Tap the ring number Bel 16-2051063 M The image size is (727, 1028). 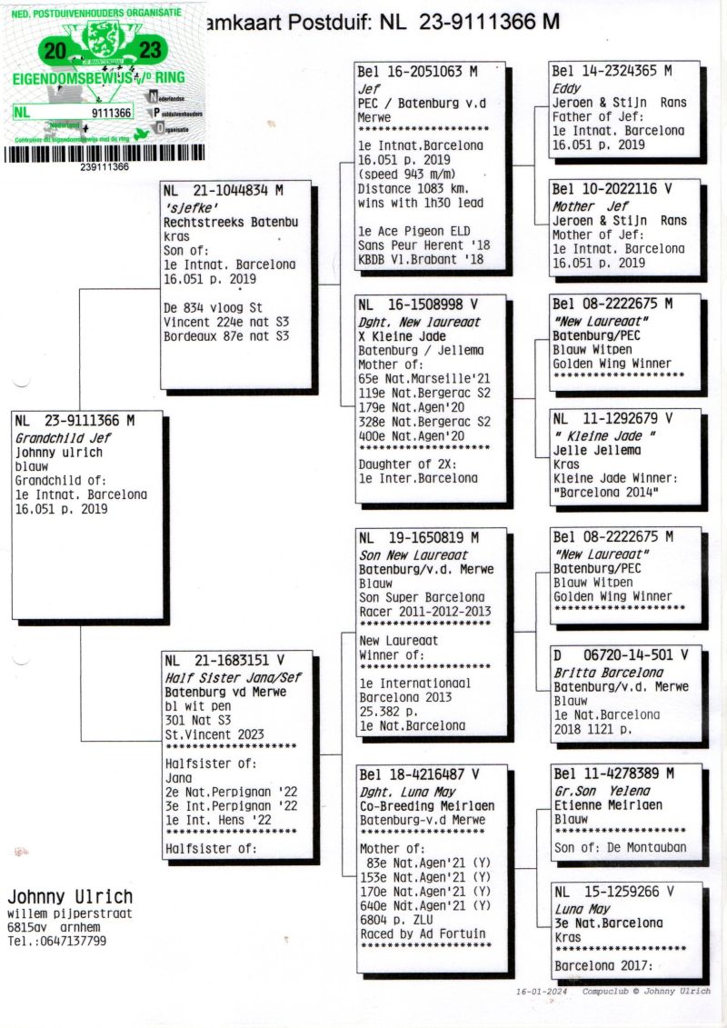coord(417,72)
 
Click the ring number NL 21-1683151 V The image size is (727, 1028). coord(224,660)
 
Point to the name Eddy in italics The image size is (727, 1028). coord(566,88)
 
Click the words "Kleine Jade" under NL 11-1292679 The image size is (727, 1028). coord(603,435)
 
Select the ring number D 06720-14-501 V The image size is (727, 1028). coord(621,654)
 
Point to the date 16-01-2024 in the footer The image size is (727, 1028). coord(542,992)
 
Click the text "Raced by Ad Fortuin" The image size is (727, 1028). coord(423,933)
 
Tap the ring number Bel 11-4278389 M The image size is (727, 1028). coord(613,773)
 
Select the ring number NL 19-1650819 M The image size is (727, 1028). coord(418,537)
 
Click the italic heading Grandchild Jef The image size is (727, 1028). coord(63,438)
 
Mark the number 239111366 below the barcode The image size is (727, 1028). coord(105,166)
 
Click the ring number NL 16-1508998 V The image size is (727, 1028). coord(418,304)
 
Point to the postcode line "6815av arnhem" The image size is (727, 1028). coord(54,927)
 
